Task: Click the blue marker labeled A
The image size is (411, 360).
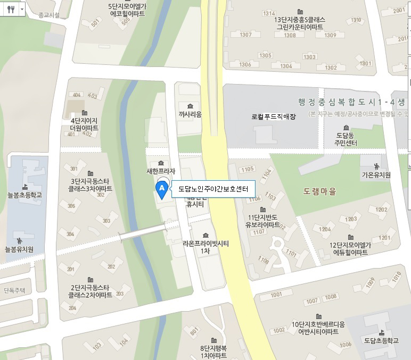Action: point(160,189)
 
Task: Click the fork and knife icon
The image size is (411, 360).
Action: point(10,9)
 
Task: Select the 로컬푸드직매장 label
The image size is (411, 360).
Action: point(273,116)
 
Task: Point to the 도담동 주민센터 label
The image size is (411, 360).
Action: point(346,139)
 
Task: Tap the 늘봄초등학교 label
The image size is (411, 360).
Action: point(24,195)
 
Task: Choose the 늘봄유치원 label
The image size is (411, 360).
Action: point(19,249)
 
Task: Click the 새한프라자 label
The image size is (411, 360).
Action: point(160,172)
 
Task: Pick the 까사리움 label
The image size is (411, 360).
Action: point(190,114)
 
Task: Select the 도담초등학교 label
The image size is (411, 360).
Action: point(381,340)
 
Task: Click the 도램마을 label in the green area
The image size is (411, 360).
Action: point(319,191)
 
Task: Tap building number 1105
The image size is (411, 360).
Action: point(248,169)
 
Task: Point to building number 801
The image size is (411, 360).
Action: point(194,331)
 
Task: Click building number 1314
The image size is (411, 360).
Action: point(269,13)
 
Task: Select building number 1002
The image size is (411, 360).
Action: point(279,331)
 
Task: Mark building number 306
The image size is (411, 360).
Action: point(71,206)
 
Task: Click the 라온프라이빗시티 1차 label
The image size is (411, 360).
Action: point(205,247)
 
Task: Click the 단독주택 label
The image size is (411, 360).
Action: point(14,290)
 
